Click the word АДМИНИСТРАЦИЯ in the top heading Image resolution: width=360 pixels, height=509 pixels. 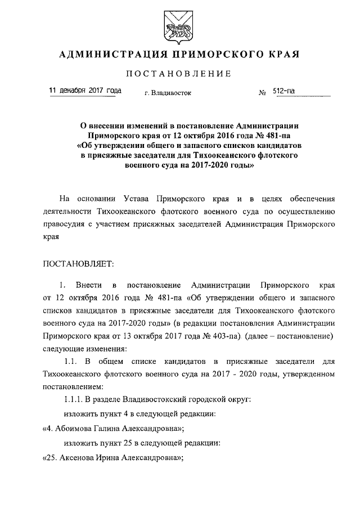[x=111, y=55]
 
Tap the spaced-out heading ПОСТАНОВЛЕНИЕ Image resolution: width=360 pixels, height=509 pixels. [x=178, y=74]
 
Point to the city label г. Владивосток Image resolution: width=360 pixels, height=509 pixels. [x=167, y=93]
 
